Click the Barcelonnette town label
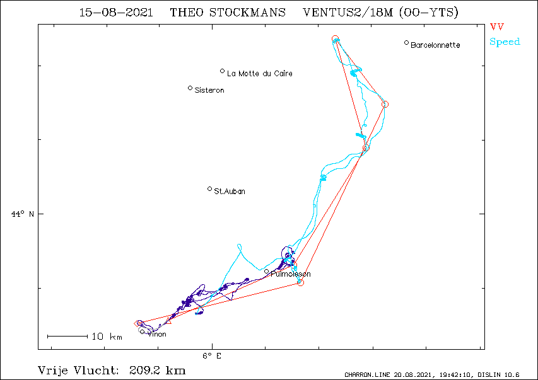[435, 45]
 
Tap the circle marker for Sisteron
[190, 88]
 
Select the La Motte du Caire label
[260, 73]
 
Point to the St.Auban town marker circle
[209, 189]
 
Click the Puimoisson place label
[291, 274]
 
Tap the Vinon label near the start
[157, 334]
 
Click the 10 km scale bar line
[67, 337]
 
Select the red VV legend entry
[497, 26]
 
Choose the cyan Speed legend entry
[505, 42]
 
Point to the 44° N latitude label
[23, 214]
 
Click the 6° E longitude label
[212, 356]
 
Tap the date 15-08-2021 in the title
[116, 13]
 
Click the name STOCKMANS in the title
[247, 13]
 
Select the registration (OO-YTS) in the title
[429, 13]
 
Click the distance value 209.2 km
[158, 371]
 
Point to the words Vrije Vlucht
[79, 371]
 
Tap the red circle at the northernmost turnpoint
[335, 38]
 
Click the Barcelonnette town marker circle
[406, 43]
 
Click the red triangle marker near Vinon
[168, 321]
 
